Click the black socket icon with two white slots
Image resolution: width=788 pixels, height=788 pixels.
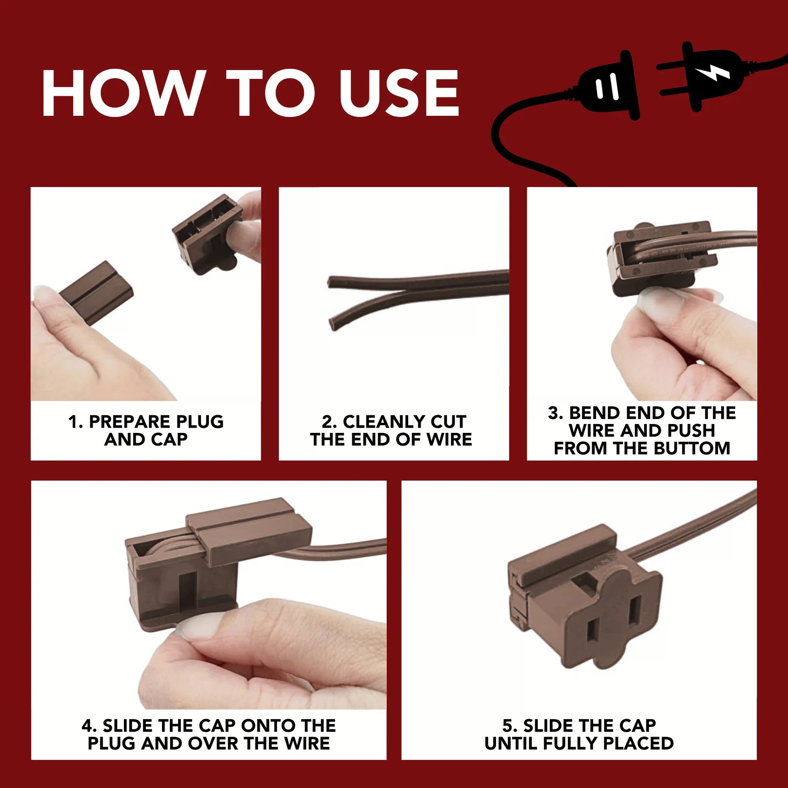tap(608, 86)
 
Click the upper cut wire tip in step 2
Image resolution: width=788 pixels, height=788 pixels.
tap(331, 281)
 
